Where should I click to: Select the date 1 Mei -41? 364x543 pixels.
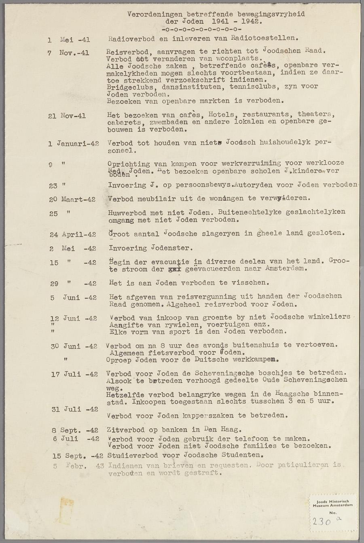tap(69, 40)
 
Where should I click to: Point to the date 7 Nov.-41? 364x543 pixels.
tap(68, 53)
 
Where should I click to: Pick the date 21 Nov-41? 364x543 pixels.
tap(67, 116)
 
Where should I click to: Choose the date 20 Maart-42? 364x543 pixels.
tap(72, 199)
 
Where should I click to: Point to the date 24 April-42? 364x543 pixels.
tap(73, 235)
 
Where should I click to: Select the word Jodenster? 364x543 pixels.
tap(171, 248)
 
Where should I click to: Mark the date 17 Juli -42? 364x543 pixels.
tap(74, 374)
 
